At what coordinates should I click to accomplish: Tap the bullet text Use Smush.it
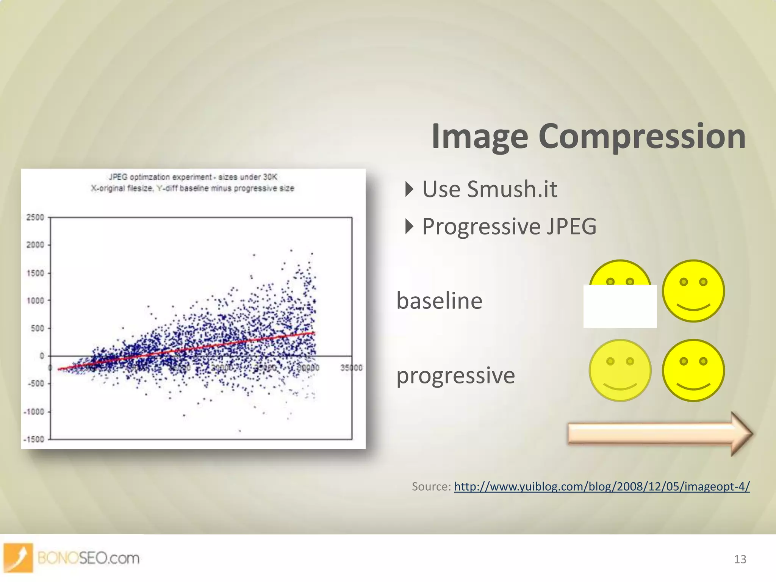tap(490, 189)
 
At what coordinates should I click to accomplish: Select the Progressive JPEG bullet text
tap(509, 227)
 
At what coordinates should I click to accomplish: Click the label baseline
tap(439, 301)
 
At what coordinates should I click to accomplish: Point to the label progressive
tap(455, 375)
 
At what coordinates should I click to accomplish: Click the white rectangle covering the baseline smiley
tap(620, 307)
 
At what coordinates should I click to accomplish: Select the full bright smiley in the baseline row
tap(693, 291)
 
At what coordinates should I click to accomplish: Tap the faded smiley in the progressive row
tap(620, 370)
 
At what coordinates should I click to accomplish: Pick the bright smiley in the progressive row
tap(693, 370)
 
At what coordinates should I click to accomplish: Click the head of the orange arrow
tap(740, 433)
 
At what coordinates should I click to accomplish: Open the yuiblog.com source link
tap(601, 486)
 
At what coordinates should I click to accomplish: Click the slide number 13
tap(740, 559)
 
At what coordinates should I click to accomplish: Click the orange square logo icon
tap(18, 557)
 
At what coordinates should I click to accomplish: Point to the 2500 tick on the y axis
tap(35, 217)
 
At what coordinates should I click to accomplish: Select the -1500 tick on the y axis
tap(34, 440)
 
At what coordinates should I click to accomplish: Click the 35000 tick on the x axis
tap(351, 368)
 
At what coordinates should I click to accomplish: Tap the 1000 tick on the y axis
tap(35, 301)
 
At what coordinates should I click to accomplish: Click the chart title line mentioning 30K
tap(193, 177)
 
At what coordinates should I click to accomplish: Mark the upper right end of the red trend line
tap(314, 333)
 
